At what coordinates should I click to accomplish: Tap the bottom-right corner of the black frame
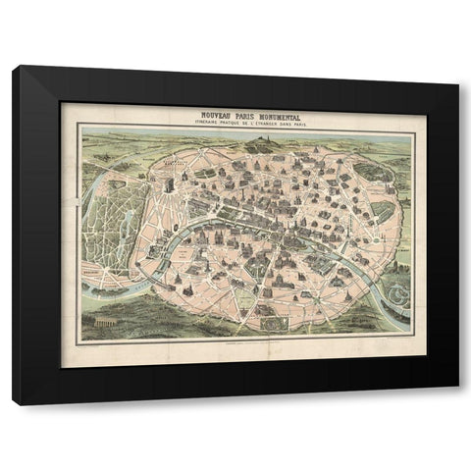click(457, 403)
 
